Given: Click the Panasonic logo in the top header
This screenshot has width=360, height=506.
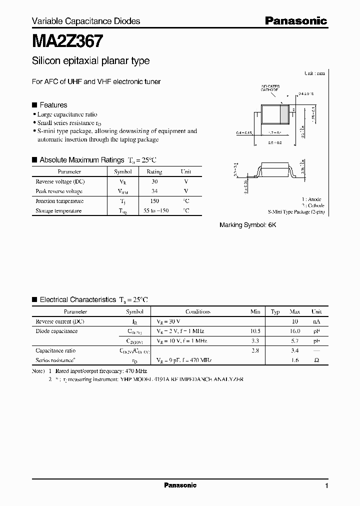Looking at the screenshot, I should point(295,20).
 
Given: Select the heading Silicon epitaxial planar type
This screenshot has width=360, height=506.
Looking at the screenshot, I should point(90,61).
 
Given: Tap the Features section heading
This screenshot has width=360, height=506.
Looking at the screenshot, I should point(53,105).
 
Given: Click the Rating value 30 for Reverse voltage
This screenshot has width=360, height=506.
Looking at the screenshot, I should point(154,181).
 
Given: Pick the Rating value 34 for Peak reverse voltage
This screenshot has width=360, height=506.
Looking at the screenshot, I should point(154,191).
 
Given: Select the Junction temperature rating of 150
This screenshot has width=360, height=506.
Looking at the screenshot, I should point(154,201).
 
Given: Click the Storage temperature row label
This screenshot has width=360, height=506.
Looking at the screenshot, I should point(58,211).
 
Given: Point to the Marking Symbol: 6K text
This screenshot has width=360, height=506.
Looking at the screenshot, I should point(248,225).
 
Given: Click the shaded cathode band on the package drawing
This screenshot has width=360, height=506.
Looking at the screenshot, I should point(284,114).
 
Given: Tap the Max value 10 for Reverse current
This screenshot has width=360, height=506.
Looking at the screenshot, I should point(295,321).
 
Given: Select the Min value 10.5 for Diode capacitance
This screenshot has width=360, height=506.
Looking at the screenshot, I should point(255,331).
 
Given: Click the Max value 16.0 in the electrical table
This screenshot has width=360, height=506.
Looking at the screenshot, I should point(294,331).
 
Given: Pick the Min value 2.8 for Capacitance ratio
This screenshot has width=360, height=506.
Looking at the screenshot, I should point(255,350).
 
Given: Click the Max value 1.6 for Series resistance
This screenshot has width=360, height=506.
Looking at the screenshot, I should point(294,360).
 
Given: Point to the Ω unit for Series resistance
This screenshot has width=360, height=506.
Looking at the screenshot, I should point(316,360).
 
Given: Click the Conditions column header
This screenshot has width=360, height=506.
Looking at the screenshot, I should point(197,311).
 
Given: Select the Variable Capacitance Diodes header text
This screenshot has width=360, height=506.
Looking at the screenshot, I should point(86,21).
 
